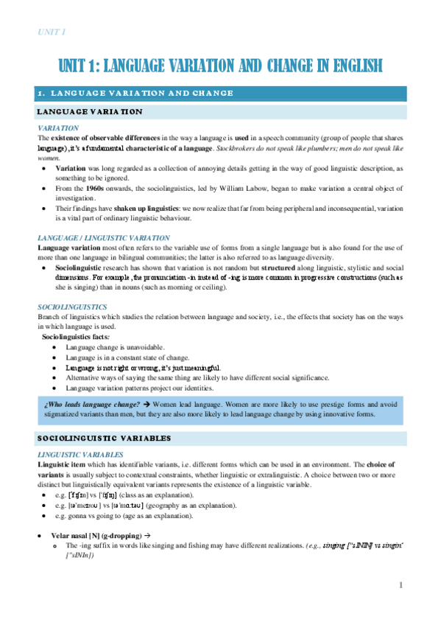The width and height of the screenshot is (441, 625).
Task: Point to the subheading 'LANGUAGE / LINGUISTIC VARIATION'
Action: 104,238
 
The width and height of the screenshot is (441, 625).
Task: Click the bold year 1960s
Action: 96,189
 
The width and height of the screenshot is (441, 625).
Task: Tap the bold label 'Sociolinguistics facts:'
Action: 76,336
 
